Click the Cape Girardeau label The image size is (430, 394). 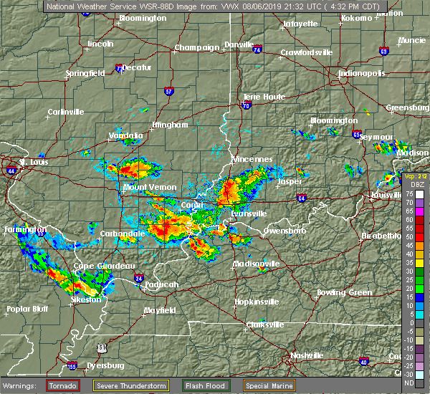105,266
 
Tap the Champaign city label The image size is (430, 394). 197,48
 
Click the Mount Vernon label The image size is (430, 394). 150,188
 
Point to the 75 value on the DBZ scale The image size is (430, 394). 408,194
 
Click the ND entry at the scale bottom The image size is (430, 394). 408,383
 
